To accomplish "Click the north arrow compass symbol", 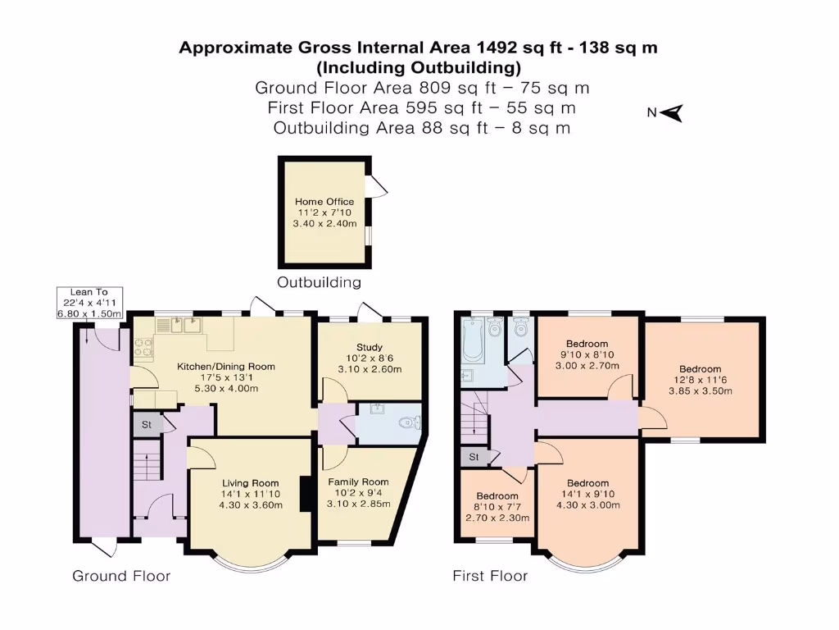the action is (x=672, y=113).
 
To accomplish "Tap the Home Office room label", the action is (x=324, y=202).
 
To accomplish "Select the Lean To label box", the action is (x=89, y=303).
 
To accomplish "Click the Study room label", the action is (x=370, y=347).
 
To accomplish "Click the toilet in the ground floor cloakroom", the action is (x=411, y=422).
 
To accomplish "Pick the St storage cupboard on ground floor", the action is (x=147, y=424).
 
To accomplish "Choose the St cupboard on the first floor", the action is (x=474, y=457).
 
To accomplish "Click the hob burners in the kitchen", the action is (x=143, y=347).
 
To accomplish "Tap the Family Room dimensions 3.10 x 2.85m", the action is (x=359, y=504).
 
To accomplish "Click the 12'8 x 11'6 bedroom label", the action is (x=701, y=380).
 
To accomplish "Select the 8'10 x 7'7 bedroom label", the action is (x=497, y=507).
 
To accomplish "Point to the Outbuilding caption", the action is (x=319, y=282).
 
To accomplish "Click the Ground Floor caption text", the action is (x=121, y=576).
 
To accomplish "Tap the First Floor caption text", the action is (x=490, y=576).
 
